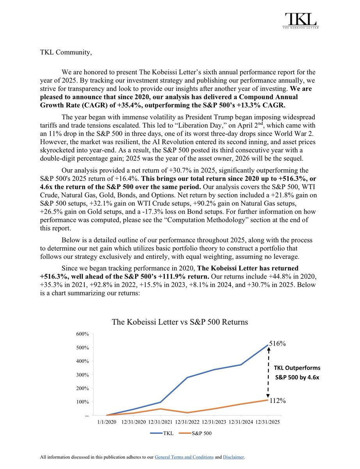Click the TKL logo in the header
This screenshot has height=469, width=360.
click(x=301, y=21)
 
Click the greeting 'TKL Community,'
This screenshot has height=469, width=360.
click(x=66, y=53)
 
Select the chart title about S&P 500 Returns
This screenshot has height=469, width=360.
click(x=180, y=322)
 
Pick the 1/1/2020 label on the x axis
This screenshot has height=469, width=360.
click(x=107, y=422)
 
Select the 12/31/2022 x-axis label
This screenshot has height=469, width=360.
click(x=187, y=422)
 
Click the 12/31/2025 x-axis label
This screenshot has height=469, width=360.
click(x=268, y=422)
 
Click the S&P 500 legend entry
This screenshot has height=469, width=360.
click(x=197, y=433)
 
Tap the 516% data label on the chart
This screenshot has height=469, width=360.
click(x=278, y=344)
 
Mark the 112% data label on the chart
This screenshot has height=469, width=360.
click(x=278, y=401)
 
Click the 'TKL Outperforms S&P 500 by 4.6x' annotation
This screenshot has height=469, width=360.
click(x=297, y=373)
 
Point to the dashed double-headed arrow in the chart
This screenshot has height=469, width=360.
click(x=268, y=373)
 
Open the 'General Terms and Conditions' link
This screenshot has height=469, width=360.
click(x=184, y=457)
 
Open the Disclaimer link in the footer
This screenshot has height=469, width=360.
click(x=233, y=457)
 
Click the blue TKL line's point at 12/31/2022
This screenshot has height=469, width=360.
click(x=187, y=378)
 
